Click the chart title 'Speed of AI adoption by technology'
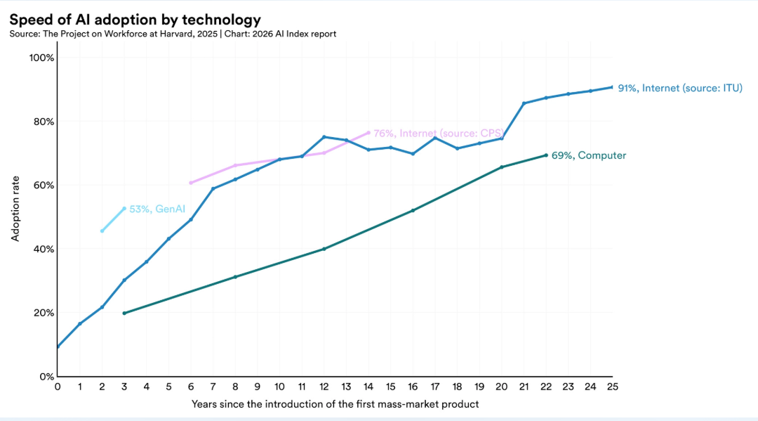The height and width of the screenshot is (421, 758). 135,20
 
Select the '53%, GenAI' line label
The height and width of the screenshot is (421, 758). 150,209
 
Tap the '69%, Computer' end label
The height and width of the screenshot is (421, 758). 589,155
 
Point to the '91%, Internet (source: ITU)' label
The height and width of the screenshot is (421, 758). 679,88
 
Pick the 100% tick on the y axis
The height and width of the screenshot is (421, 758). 41,58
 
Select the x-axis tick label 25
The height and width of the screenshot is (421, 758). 612,386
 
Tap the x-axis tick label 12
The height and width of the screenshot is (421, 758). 324,386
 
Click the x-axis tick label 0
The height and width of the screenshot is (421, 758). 58,386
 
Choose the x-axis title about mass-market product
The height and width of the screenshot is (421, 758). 335,404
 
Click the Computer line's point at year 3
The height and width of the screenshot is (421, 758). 124,313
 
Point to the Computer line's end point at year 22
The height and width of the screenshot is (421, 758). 546,155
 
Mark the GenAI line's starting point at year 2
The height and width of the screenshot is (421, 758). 102,231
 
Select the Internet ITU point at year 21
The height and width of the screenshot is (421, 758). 524,103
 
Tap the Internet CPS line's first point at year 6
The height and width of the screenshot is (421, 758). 191,183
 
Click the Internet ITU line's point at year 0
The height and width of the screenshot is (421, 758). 58,346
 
